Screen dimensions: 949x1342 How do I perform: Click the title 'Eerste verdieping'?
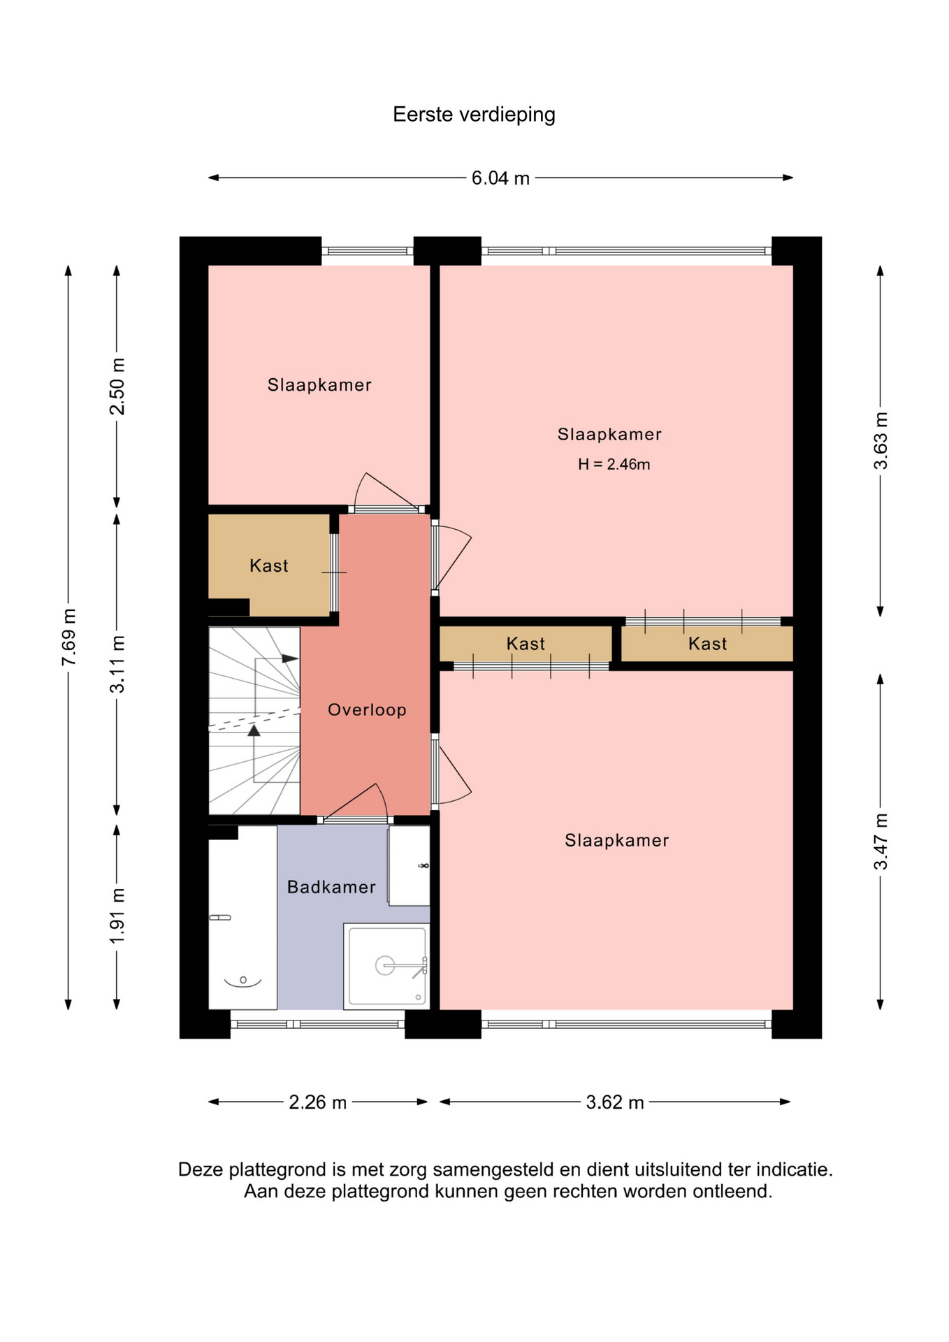pyautogui.click(x=474, y=115)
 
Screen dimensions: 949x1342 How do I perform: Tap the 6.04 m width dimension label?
pyautogui.click(x=500, y=178)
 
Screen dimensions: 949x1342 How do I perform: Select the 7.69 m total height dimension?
pyautogui.click(x=68, y=637)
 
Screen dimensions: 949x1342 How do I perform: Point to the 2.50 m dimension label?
pyautogui.click(x=117, y=387)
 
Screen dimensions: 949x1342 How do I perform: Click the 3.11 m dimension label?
pyautogui.click(x=117, y=664)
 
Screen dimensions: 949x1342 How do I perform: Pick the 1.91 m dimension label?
pyautogui.click(x=117, y=916)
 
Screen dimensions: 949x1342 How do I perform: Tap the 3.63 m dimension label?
pyautogui.click(x=881, y=441)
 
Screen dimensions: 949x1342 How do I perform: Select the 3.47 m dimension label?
pyautogui.click(x=881, y=842)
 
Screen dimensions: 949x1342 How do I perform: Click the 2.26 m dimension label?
pyautogui.click(x=318, y=1102)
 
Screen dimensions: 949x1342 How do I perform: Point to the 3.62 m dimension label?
pyautogui.click(x=615, y=1102)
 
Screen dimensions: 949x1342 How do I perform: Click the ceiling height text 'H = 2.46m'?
pyautogui.click(x=614, y=464)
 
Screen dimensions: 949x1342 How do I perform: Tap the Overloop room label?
pyautogui.click(x=367, y=710)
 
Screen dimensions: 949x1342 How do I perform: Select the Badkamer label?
pyautogui.click(x=331, y=887)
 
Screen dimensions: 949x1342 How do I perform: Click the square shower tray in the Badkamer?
pyautogui.click(x=386, y=966)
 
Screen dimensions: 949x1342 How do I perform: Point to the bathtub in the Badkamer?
pyautogui.click(x=242, y=918)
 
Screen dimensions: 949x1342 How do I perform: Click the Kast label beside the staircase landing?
pyautogui.click(x=269, y=565)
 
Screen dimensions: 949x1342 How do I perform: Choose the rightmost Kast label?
pyautogui.click(x=707, y=644)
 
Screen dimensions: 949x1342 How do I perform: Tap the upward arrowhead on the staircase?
pyautogui.click(x=254, y=730)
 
